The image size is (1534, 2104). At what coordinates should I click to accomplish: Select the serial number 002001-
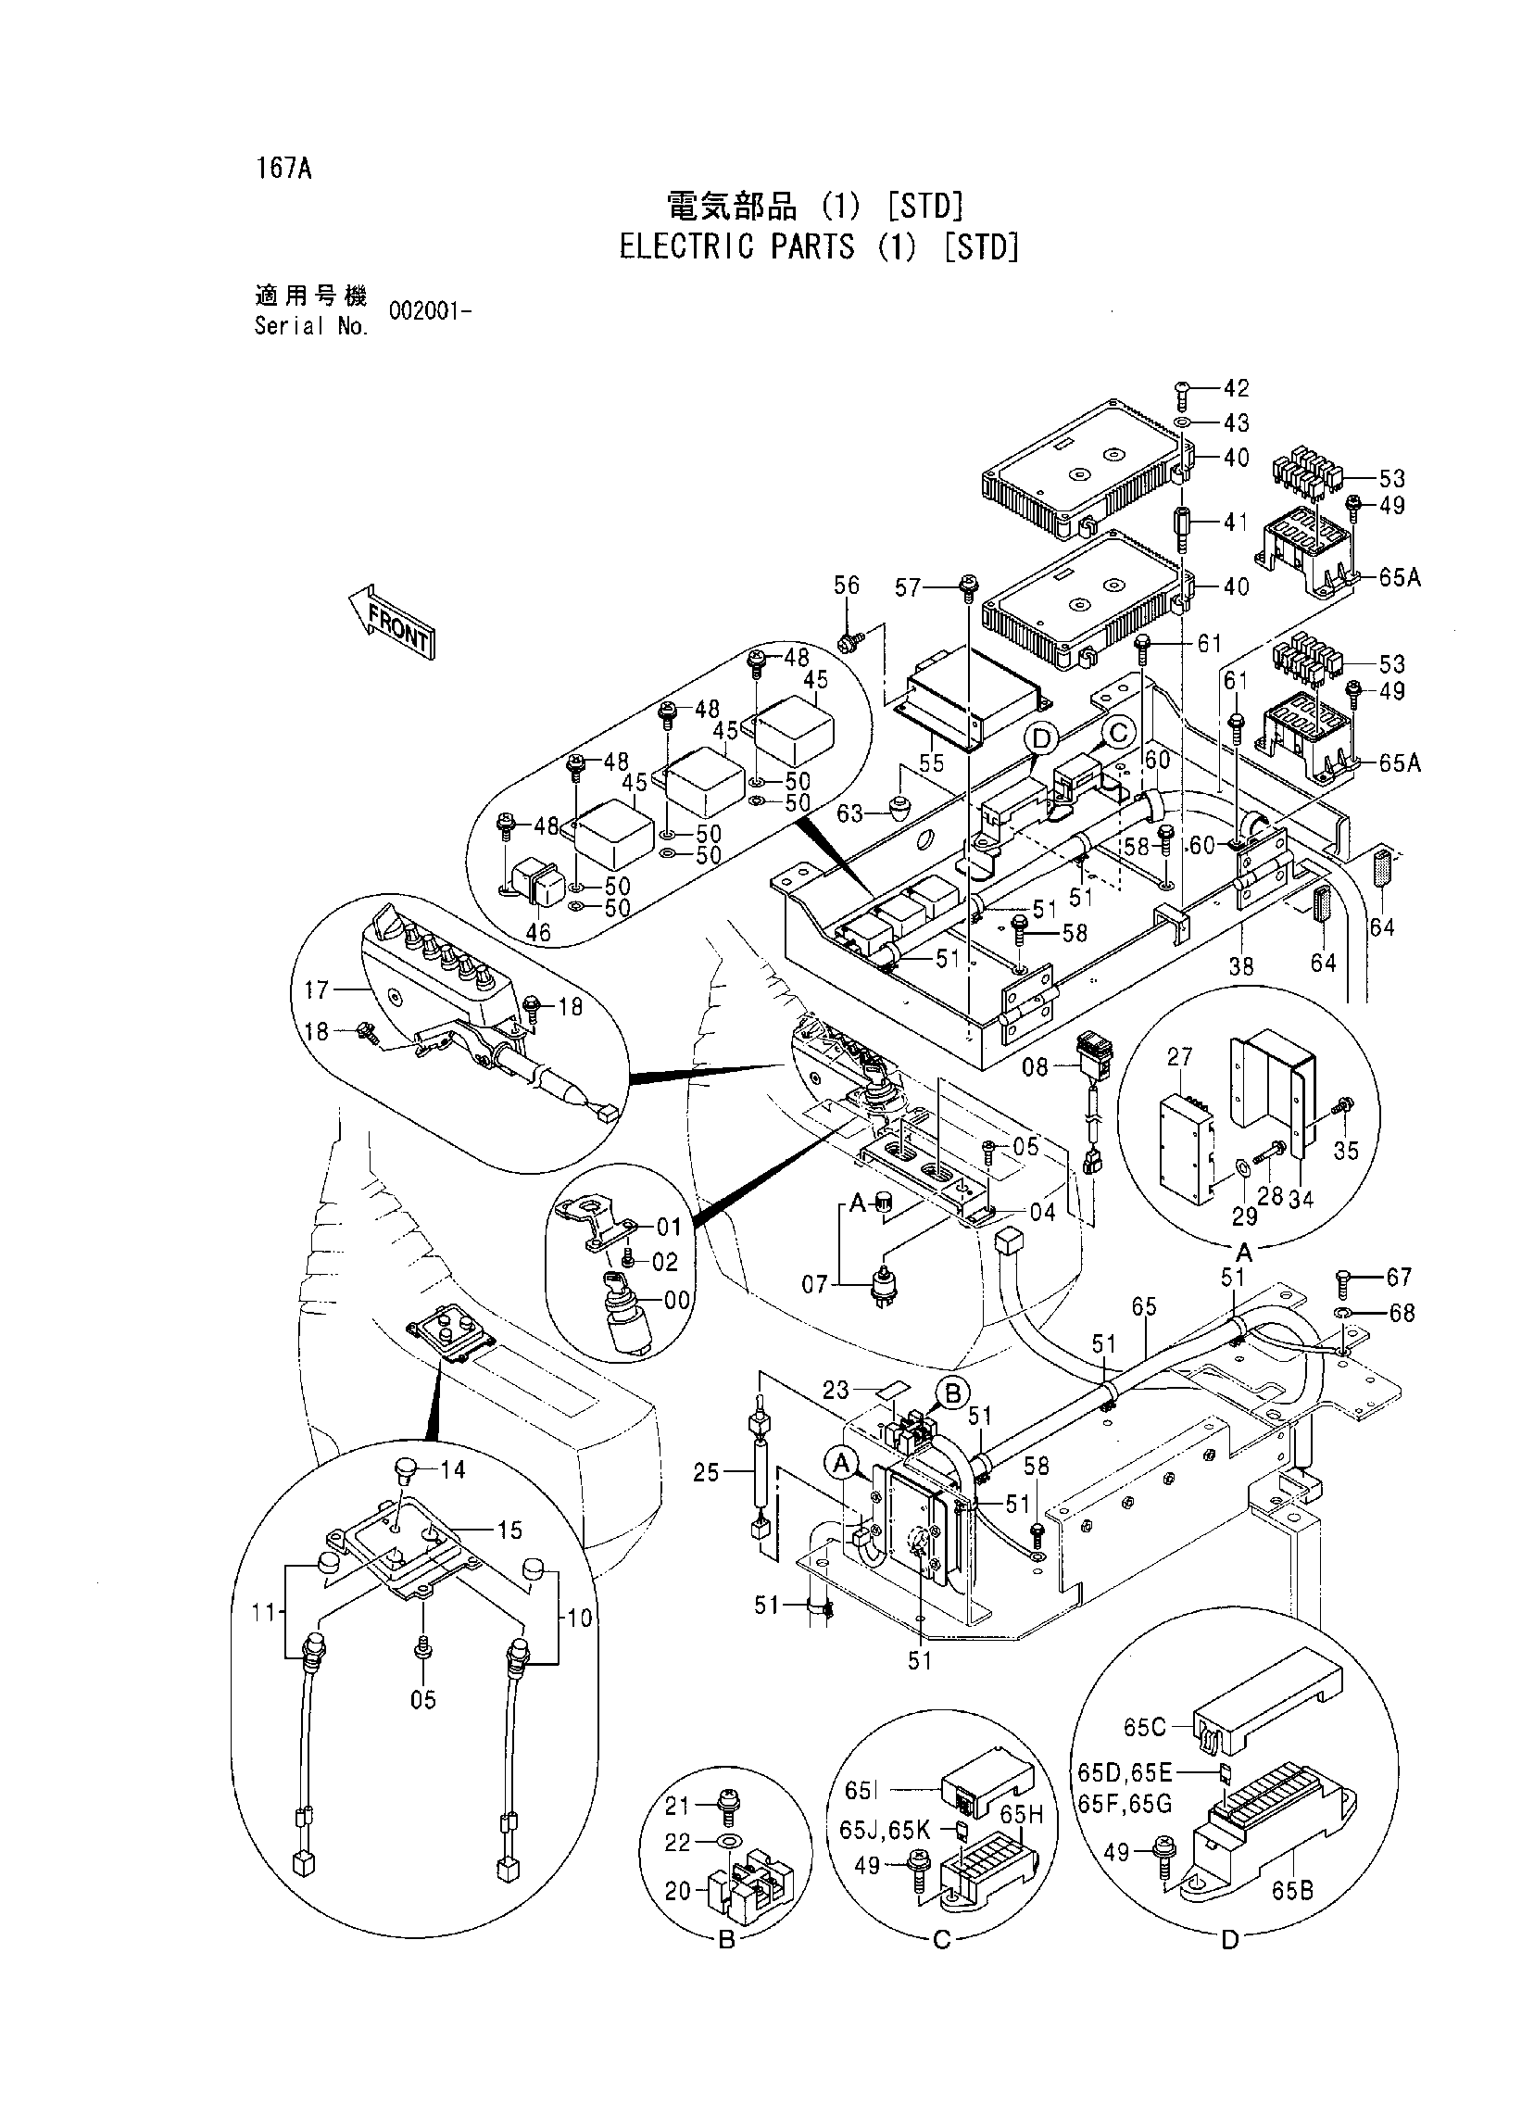tap(431, 312)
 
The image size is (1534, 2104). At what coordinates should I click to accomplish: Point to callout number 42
tap(1236, 387)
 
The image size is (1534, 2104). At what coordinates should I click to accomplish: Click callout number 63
tap(850, 814)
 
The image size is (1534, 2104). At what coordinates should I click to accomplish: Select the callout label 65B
tap(1292, 1890)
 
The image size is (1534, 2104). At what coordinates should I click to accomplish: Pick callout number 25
tap(707, 1472)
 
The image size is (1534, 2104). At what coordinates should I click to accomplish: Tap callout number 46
tap(537, 931)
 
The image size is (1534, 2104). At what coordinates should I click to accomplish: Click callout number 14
tap(453, 1469)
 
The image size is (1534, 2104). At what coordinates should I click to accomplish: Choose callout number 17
tap(317, 989)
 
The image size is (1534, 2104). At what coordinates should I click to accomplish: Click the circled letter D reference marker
tap(1042, 739)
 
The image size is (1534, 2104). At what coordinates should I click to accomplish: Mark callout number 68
tap(1402, 1313)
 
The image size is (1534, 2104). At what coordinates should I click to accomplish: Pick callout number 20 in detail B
tap(678, 1890)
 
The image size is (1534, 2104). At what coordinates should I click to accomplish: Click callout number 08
tap(1036, 1067)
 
